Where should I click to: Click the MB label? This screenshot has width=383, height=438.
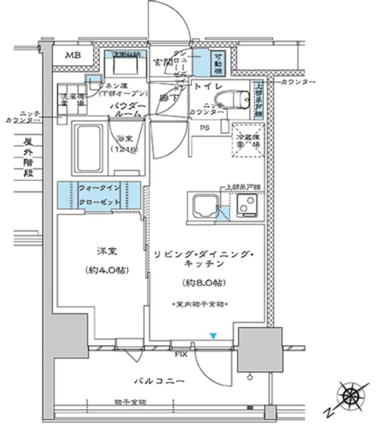tap(73, 55)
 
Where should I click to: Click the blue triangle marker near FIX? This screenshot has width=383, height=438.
tap(213, 336)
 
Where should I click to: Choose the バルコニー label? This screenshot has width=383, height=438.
tap(159, 381)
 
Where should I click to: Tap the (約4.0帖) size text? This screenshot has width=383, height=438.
tap(106, 270)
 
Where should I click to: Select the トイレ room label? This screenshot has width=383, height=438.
tap(207, 85)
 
